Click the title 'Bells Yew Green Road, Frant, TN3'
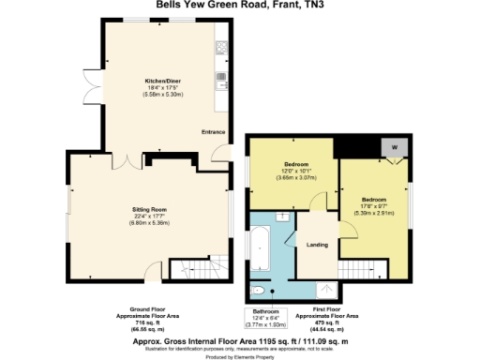(239, 8)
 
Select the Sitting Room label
(148, 210)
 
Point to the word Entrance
(214, 131)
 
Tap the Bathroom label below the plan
(264, 311)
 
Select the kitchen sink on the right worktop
(222, 77)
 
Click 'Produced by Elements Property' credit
(239, 356)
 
